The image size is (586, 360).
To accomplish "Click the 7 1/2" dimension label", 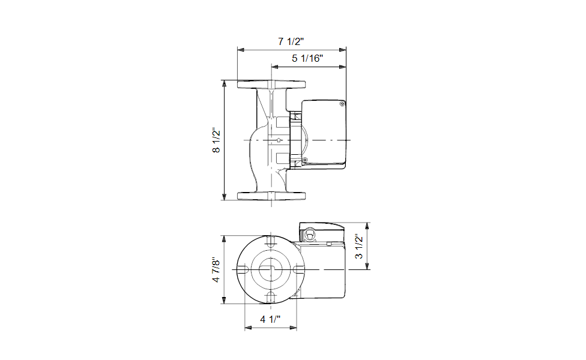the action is click(x=291, y=41).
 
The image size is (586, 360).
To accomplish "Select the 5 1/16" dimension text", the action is click(x=307, y=58).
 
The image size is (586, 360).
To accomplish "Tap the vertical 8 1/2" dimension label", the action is click(x=216, y=140).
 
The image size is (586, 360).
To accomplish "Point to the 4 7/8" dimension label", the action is click(x=216, y=269).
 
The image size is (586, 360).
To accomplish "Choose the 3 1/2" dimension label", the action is click(x=359, y=246).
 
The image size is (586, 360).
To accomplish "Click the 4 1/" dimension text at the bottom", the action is click(x=270, y=319).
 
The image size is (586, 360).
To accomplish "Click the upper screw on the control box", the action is click(x=342, y=104).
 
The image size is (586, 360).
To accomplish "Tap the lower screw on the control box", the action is click(x=304, y=160).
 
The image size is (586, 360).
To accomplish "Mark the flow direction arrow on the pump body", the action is click(x=279, y=140).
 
